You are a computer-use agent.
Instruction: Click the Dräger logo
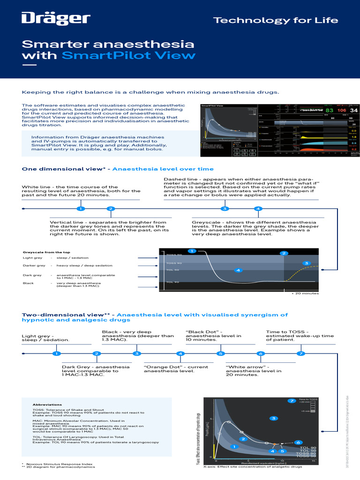[x=56, y=19]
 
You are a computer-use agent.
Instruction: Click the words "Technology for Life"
[x=276, y=21]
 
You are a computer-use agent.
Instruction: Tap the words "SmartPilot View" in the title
[x=128, y=55]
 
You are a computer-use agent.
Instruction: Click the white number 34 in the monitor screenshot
[x=354, y=110]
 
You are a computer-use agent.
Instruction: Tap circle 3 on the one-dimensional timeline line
[x=225, y=209]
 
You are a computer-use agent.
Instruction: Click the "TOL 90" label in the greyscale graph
[x=172, y=282]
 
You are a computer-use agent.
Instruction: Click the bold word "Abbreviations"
[x=47, y=404]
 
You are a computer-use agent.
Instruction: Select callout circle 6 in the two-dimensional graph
[x=298, y=442]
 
